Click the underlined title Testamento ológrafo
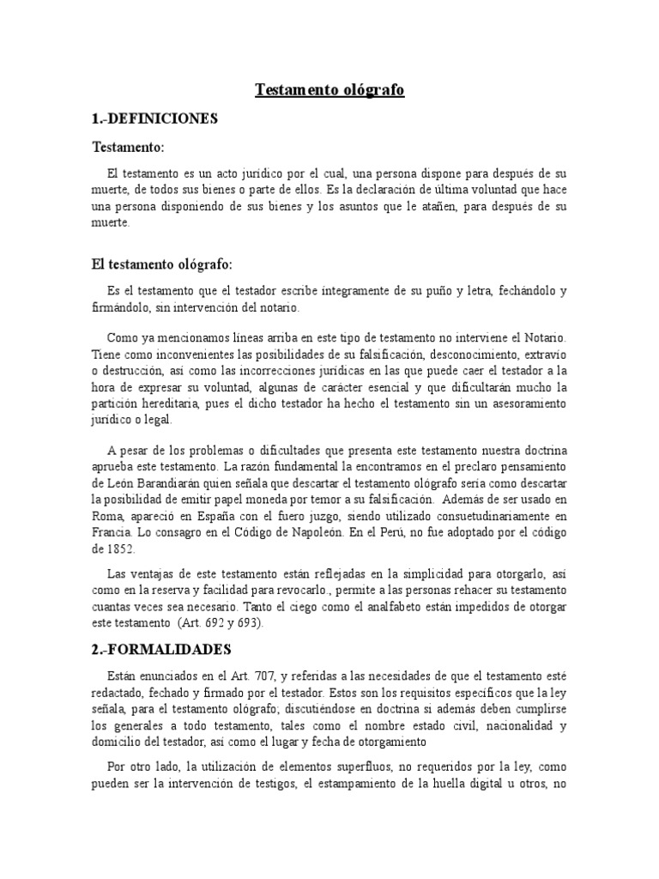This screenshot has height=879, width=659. coord(329,89)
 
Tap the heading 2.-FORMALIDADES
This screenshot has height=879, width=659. coord(161,650)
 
